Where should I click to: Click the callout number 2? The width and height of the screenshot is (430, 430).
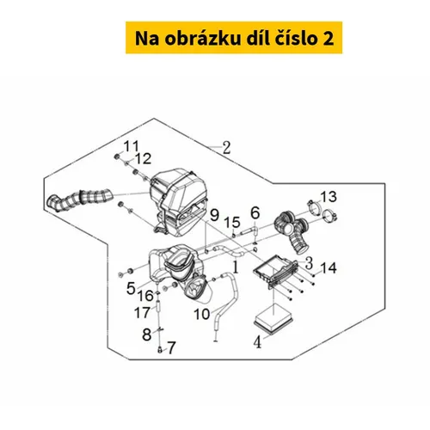coord(226,148)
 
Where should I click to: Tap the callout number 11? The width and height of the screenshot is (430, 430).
coord(131,146)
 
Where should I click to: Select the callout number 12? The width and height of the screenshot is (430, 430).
coord(143,159)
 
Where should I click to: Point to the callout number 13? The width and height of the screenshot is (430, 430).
coord(329,197)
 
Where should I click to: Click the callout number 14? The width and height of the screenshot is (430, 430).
coord(329,268)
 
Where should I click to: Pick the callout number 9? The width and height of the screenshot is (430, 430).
coord(214,215)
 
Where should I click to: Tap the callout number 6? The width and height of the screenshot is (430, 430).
coord(255,213)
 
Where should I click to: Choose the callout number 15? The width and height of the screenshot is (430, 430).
coord(232,223)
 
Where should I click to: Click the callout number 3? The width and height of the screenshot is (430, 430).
coord(309,263)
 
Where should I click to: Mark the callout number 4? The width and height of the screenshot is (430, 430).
coord(258,342)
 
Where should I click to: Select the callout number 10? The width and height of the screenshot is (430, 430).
coord(202,314)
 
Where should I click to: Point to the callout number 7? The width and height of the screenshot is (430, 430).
coord(171,348)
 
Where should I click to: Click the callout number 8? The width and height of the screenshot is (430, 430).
coord(147,335)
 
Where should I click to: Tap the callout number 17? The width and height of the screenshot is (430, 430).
coord(143,312)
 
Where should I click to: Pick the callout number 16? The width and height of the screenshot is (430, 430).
coord(145,296)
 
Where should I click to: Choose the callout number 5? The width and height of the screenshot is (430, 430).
coord(131,288)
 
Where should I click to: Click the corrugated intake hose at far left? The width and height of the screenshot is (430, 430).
coord(80,200)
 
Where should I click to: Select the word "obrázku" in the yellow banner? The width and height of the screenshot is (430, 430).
coord(203,39)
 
